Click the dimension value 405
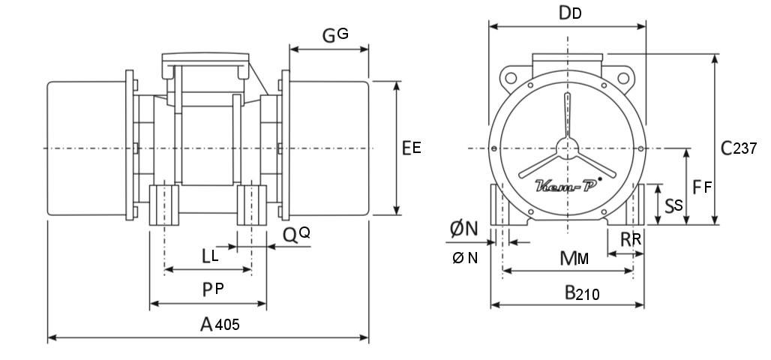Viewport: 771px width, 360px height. pyautogui.click(x=227, y=325)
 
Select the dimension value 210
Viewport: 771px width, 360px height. pyautogui.click(x=587, y=295)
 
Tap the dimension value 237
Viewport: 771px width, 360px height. pyautogui.click(x=745, y=148)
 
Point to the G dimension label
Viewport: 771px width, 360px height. pyautogui.click(x=336, y=35)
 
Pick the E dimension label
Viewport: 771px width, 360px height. pyautogui.click(x=412, y=148)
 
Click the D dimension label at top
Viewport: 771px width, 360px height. pyautogui.click(x=571, y=13)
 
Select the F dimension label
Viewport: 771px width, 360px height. pyautogui.click(x=702, y=187)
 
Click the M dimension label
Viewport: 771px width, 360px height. pyautogui.click(x=574, y=258)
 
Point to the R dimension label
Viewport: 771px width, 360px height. pyautogui.click(x=631, y=239)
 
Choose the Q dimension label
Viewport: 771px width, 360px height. pyautogui.click(x=296, y=235)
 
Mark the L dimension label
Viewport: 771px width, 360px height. pyautogui.click(x=211, y=256)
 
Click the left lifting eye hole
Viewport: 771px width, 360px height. pyautogui.click(x=511, y=78)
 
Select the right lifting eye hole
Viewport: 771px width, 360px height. pyautogui.click(x=623, y=78)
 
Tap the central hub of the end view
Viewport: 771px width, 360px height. pyautogui.click(x=568, y=148)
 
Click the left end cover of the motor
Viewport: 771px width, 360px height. pyautogui.click(x=86, y=148)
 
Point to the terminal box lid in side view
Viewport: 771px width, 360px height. pyautogui.click(x=205, y=57)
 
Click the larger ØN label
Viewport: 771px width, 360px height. pyautogui.click(x=464, y=229)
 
